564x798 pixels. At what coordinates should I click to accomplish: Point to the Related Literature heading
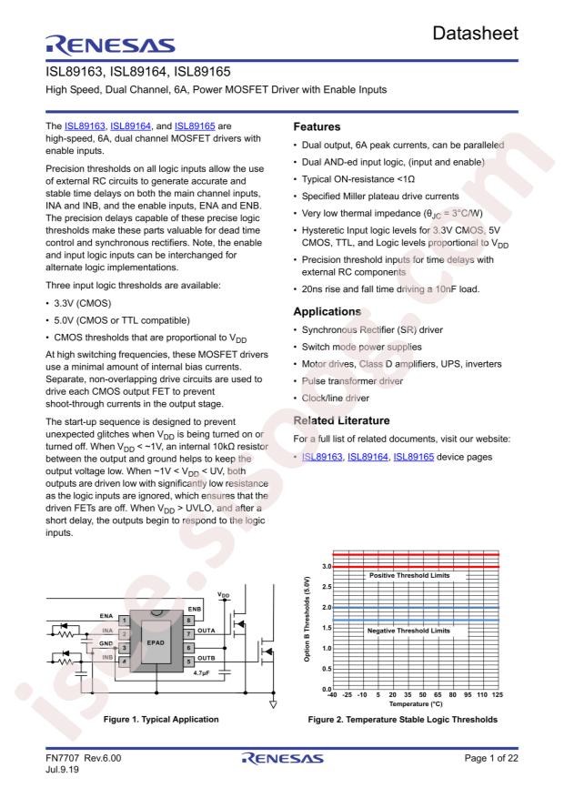352,443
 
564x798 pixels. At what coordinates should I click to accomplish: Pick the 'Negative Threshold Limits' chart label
409,630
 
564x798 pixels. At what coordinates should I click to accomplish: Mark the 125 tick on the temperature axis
498,695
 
